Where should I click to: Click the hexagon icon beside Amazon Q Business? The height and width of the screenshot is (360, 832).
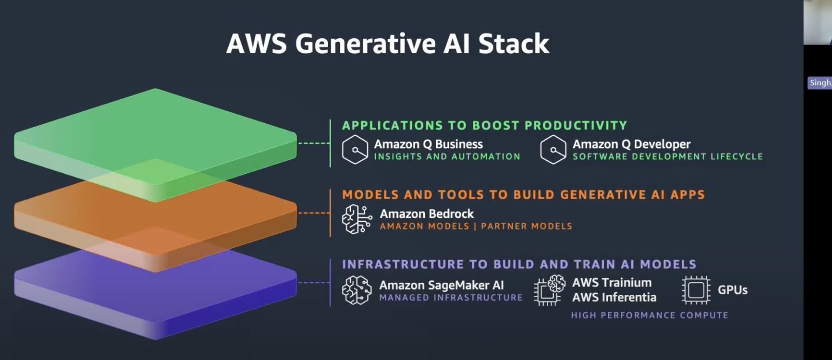pos(355,149)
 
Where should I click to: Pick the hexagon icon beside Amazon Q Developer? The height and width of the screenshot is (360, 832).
pos(553,149)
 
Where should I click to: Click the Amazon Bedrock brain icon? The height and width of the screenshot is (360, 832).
pos(356,219)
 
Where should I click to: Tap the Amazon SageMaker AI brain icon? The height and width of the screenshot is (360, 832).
pos(356,290)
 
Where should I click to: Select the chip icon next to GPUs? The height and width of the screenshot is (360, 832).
pos(696,290)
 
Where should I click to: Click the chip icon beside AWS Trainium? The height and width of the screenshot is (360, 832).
pos(549,290)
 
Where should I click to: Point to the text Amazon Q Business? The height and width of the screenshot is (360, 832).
pos(428,144)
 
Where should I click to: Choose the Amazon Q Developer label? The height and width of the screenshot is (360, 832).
pos(631,144)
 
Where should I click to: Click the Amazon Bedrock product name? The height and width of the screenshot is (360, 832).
pos(426,214)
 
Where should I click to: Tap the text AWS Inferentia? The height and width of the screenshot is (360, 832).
pos(614,297)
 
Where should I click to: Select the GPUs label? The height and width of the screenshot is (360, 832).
pos(732,290)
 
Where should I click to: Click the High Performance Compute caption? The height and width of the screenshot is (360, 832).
pos(649,315)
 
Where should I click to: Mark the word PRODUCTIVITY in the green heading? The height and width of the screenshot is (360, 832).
pos(575,126)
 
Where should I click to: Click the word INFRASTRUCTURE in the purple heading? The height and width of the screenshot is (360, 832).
pos(403,264)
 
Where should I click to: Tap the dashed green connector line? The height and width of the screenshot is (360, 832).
pos(314,143)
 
